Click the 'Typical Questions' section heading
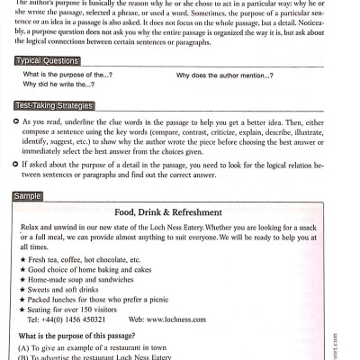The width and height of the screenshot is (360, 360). coord(48,59)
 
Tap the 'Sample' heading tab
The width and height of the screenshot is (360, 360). coord(30,195)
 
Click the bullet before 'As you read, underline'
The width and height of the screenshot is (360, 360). coord(16,121)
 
